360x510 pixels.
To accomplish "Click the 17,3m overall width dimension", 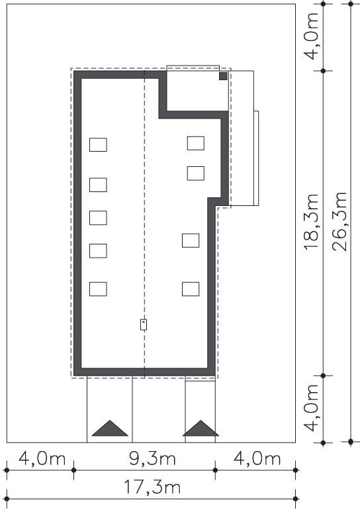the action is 152,487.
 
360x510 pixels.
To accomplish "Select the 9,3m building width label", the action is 152,458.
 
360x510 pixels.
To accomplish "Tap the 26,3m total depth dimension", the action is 339,221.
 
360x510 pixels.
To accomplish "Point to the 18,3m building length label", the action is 311,222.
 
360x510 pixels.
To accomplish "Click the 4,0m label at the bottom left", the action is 42,458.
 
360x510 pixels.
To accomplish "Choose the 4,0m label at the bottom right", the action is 257,458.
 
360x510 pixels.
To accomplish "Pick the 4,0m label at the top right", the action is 311,36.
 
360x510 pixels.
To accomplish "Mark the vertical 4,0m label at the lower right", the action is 311,407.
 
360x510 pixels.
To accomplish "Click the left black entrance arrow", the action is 110,429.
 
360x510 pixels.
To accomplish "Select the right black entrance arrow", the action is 201,429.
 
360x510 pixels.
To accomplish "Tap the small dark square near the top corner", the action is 223,76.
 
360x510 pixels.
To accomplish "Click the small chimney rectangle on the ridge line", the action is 144,325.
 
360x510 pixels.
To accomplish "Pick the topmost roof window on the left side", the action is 98,145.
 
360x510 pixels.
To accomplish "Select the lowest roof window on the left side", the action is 98,289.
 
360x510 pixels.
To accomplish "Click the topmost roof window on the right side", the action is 196,144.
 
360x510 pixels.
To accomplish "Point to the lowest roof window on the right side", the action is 191,289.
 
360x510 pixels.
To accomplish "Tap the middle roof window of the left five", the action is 98,218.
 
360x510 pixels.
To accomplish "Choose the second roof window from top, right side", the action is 196,174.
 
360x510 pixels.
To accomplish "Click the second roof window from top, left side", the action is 98,185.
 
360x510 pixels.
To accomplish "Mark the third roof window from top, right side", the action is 191,240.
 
